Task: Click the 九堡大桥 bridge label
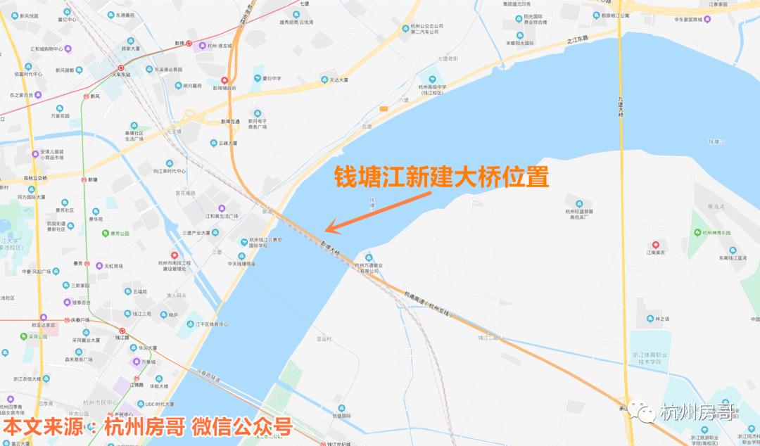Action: pos(621,109)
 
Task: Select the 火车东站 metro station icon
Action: pos(121,68)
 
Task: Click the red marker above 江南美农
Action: pos(655,245)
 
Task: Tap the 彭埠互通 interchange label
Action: pos(230,121)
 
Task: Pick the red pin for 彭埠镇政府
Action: pos(224,80)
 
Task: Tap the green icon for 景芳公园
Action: pos(105,233)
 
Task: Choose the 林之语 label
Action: pos(662,319)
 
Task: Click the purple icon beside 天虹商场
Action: pos(99,266)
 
